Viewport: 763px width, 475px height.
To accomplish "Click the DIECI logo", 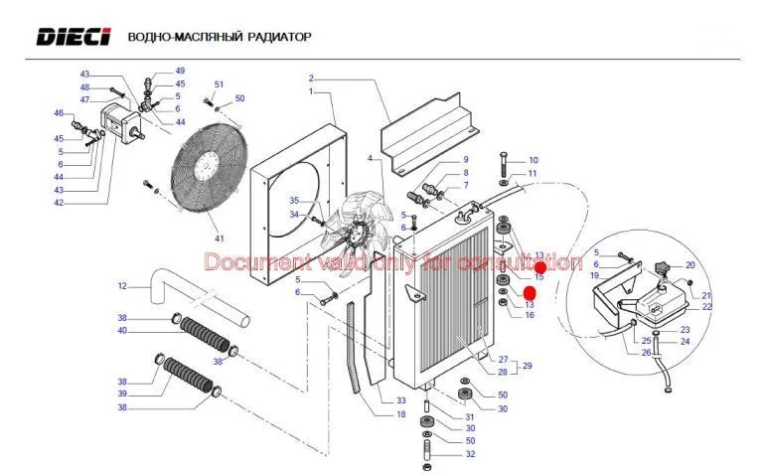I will point(75,37).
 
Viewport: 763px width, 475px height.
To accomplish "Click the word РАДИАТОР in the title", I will point(277,37).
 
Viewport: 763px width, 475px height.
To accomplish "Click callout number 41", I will point(220,238).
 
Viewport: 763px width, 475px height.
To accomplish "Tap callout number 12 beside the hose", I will point(122,286).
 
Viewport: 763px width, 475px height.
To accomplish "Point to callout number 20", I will point(689,265).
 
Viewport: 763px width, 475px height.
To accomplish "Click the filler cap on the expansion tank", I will point(664,269).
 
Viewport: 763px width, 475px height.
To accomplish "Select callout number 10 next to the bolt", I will point(533,160).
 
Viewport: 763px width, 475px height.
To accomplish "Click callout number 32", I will point(470,454).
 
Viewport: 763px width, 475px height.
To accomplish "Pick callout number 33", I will point(401,399).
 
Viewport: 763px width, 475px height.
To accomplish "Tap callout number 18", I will point(401,413).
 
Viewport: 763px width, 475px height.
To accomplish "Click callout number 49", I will point(180,71).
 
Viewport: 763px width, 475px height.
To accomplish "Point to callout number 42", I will point(59,203).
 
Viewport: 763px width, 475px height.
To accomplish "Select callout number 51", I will point(219,84).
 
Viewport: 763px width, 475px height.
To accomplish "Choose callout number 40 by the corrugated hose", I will point(122,330).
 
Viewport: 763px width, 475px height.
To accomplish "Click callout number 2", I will point(311,78).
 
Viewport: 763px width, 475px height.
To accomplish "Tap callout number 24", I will point(685,342).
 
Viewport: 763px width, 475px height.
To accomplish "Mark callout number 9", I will point(464,160).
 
